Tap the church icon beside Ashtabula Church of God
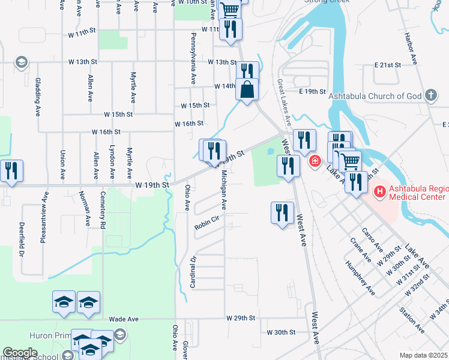coord(430,95)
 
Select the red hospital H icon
coord(379,192)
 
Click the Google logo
coord(20,353)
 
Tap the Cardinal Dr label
coord(193,272)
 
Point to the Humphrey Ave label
coord(360,278)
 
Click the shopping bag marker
coord(247,90)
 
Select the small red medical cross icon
coord(314,161)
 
